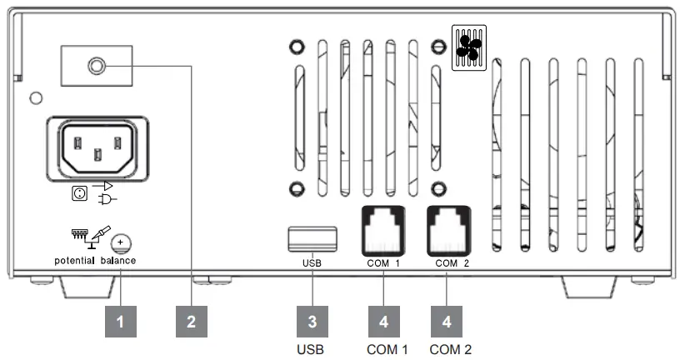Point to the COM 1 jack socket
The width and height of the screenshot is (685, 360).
(x=382, y=228)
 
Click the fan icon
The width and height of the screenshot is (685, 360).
(x=468, y=46)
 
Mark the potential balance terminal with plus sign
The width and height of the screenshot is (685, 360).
(x=122, y=242)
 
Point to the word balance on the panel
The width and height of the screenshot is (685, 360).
(x=118, y=261)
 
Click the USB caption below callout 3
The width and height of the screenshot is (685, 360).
(x=310, y=348)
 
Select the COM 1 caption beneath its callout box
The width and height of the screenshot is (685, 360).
(x=387, y=348)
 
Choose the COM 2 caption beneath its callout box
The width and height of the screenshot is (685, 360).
(x=451, y=348)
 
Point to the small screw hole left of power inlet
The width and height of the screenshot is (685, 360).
(x=34, y=97)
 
